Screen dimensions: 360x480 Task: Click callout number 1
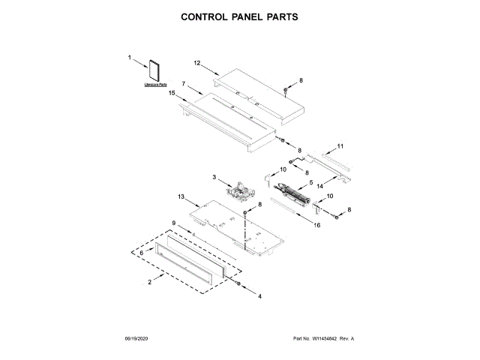click(129, 56)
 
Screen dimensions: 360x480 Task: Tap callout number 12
click(197, 63)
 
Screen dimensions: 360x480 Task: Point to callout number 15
click(172, 93)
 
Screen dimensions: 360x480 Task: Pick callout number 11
click(340, 145)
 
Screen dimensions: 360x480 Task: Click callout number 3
click(214, 177)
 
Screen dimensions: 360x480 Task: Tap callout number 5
click(311, 181)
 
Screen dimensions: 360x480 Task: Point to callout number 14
click(320, 184)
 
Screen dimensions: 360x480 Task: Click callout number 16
click(317, 225)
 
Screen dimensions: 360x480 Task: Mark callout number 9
click(173, 223)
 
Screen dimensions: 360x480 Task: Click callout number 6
click(141, 253)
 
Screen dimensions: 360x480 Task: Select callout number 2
click(150, 281)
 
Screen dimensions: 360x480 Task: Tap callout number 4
click(260, 297)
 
